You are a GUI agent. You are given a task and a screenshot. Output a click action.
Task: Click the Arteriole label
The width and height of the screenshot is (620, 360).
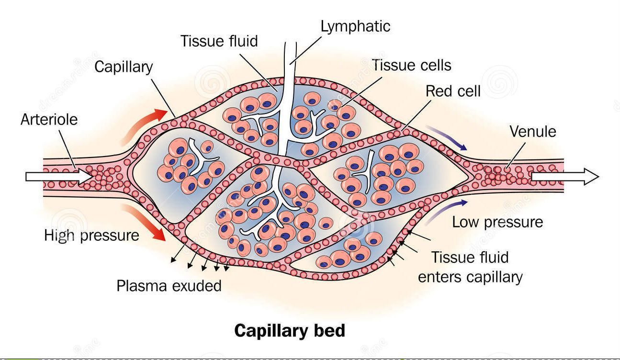click(49, 119)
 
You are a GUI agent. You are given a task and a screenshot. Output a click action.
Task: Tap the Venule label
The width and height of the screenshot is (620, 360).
click(533, 131)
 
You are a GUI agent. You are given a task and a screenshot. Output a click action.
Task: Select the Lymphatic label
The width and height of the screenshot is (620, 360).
click(355, 26)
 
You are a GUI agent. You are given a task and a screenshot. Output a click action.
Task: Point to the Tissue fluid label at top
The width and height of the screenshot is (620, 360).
click(219, 41)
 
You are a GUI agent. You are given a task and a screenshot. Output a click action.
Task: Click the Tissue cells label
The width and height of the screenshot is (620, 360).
click(411, 65)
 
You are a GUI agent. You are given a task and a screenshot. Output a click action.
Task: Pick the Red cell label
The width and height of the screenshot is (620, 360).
click(453, 91)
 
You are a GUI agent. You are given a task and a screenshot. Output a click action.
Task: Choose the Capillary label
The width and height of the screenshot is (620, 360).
click(123, 67)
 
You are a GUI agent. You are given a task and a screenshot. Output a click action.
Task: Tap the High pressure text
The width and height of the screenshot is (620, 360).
click(91, 235)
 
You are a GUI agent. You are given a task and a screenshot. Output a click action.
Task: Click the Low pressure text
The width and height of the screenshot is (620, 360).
click(497, 222)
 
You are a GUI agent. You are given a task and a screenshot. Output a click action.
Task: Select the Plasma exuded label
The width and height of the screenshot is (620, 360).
click(169, 286)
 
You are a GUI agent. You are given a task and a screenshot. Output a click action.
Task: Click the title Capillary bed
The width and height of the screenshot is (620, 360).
click(289, 331)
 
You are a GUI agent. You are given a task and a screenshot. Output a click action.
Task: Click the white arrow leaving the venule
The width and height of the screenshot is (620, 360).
click(564, 177)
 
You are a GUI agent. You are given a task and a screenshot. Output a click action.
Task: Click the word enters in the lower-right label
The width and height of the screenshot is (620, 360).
click(443, 277)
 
